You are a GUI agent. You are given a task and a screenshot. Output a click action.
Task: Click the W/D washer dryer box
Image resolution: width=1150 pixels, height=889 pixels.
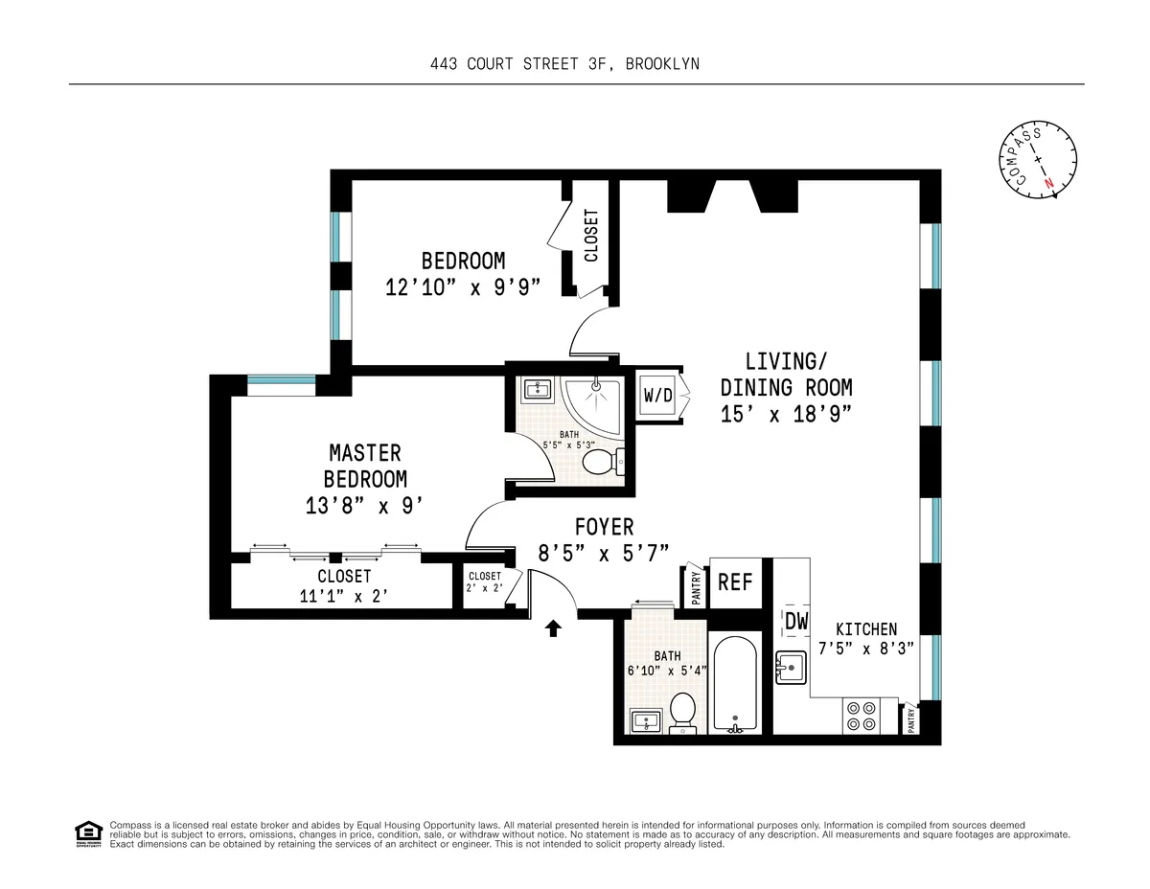(658, 395)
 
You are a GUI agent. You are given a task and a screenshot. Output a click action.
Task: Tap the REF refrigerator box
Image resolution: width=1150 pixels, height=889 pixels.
(735, 581)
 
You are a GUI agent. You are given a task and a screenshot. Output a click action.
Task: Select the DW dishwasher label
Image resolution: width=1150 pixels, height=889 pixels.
(796, 622)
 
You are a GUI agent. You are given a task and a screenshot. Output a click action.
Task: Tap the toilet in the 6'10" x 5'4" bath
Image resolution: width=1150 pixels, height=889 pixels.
(682, 712)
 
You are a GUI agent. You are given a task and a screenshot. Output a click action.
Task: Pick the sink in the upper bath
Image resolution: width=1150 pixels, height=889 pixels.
(538, 390)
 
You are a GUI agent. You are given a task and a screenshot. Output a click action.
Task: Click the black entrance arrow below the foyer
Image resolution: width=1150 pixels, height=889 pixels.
(552, 628)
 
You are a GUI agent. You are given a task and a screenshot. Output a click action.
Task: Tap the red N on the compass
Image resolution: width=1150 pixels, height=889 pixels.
(1049, 182)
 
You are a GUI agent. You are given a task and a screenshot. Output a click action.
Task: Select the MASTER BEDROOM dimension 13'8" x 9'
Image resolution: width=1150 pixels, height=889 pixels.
(364, 506)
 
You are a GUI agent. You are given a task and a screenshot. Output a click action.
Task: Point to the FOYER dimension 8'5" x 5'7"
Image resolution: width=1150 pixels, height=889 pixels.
(603, 552)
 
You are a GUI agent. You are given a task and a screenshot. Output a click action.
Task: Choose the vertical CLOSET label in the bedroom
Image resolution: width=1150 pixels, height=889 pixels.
(591, 236)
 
